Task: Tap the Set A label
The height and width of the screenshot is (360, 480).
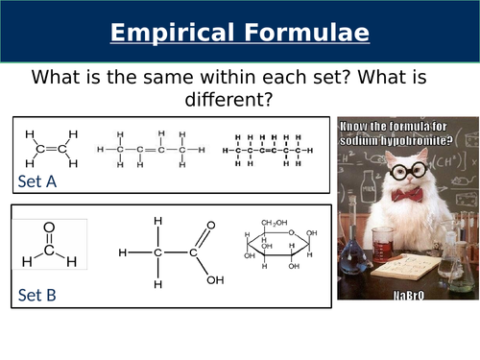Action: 36,181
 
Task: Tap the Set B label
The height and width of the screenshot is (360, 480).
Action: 36,295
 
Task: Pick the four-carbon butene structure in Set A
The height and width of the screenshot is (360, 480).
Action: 151,149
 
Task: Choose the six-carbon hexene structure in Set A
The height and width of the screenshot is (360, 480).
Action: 267,150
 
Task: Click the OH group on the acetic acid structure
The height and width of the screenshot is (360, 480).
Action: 215,280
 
